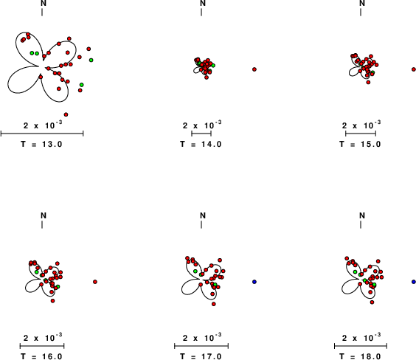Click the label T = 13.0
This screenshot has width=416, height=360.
[41, 144]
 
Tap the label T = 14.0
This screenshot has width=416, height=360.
[201, 144]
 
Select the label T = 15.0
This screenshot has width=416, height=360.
[360, 144]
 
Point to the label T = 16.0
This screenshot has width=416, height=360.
[41, 356]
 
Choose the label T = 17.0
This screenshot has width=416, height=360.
[201, 356]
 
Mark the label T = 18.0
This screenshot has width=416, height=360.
[360, 356]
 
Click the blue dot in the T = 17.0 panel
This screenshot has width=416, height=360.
[254, 282]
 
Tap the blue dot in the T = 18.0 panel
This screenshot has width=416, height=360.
[414, 282]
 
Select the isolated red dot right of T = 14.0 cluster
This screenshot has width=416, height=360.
[254, 69]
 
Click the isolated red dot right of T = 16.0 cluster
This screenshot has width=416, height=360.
[95, 282]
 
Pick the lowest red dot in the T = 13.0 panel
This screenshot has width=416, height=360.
[66, 114]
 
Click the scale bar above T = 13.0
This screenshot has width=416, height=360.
[42, 134]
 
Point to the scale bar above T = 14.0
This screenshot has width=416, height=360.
[201, 134]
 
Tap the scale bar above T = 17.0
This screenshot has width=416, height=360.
[201, 346]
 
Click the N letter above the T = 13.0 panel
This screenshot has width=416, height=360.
[44, 3]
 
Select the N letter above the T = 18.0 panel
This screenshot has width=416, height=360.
[362, 215]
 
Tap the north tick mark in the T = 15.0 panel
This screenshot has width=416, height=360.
[361, 13]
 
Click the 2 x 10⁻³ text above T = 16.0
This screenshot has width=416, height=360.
[43, 337]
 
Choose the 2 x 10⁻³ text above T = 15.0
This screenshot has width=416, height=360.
[361, 125]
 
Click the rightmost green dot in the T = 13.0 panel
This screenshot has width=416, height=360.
[91, 60]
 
